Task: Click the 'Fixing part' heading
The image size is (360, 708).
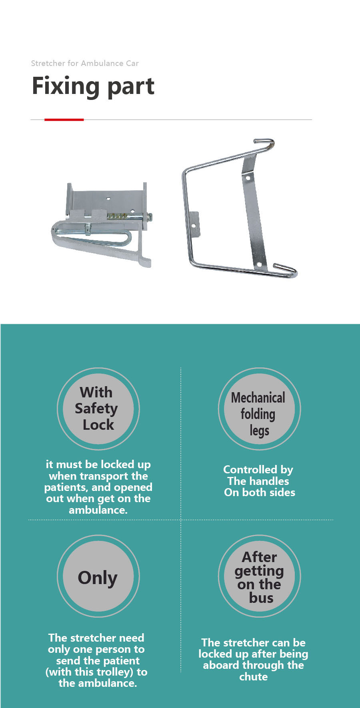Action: [x=93, y=86]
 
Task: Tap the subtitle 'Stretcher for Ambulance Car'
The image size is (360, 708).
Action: [x=85, y=63]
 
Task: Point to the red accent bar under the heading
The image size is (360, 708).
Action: [x=64, y=119]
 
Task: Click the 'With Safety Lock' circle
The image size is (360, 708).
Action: [x=98, y=409]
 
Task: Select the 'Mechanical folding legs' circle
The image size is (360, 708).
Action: [x=259, y=409]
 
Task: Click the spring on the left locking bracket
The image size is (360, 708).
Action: [x=118, y=216]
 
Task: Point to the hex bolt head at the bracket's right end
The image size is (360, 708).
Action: [x=150, y=217]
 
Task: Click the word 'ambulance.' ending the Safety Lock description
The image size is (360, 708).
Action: [x=98, y=510]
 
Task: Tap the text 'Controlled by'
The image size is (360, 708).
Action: [x=258, y=470]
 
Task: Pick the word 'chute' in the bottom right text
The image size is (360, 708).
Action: [x=254, y=676]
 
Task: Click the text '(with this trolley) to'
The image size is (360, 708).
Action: [x=96, y=672]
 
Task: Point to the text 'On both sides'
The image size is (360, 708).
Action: [x=260, y=492]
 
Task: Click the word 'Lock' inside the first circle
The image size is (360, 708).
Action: [x=98, y=425]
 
